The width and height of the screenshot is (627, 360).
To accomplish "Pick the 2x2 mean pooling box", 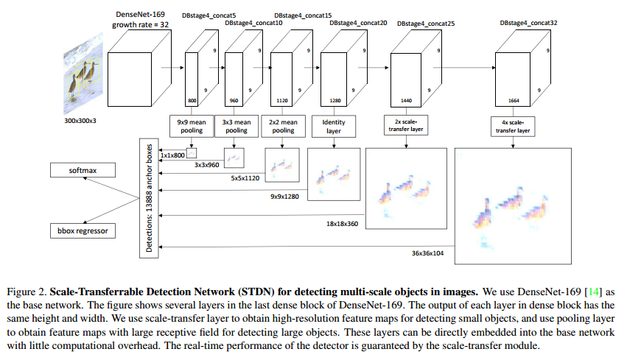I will (283, 125).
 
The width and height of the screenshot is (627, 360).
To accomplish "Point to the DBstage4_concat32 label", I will (525, 24).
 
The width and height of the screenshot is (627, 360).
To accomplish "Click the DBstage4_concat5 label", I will (207, 24).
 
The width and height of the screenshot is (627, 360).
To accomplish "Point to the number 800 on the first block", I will (193, 99).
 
